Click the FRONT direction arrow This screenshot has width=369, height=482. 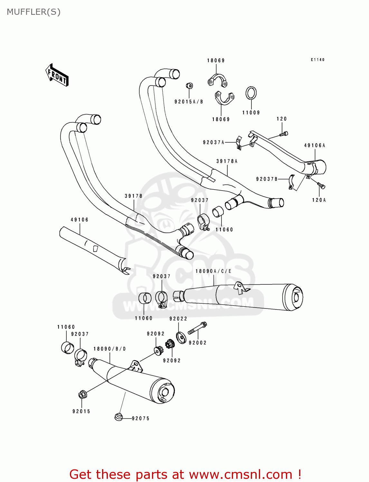coord(57,75)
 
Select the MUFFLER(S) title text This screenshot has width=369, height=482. coord(33,12)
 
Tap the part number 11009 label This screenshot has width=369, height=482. coord(251,112)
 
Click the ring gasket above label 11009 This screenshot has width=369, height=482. coord(251,94)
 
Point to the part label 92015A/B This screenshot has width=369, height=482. coord(189,102)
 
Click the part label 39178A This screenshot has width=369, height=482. coord(227,161)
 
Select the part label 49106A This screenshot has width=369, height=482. coord(315,146)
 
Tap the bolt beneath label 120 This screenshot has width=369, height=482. coord(284,134)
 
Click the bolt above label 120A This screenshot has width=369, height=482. coord(321,185)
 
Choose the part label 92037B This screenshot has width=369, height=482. coord(267,179)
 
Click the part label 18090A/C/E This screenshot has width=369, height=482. coord(213,271)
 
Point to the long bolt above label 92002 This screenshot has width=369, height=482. coord(197,328)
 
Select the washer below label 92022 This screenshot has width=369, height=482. coord(181,338)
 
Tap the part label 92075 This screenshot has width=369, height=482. coord(141,418)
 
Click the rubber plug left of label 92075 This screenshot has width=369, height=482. coord(118,417)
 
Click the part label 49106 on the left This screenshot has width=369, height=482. coord(80,220)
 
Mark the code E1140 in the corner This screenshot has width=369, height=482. coord(317,60)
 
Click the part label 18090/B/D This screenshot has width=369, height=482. coord(109,349)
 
